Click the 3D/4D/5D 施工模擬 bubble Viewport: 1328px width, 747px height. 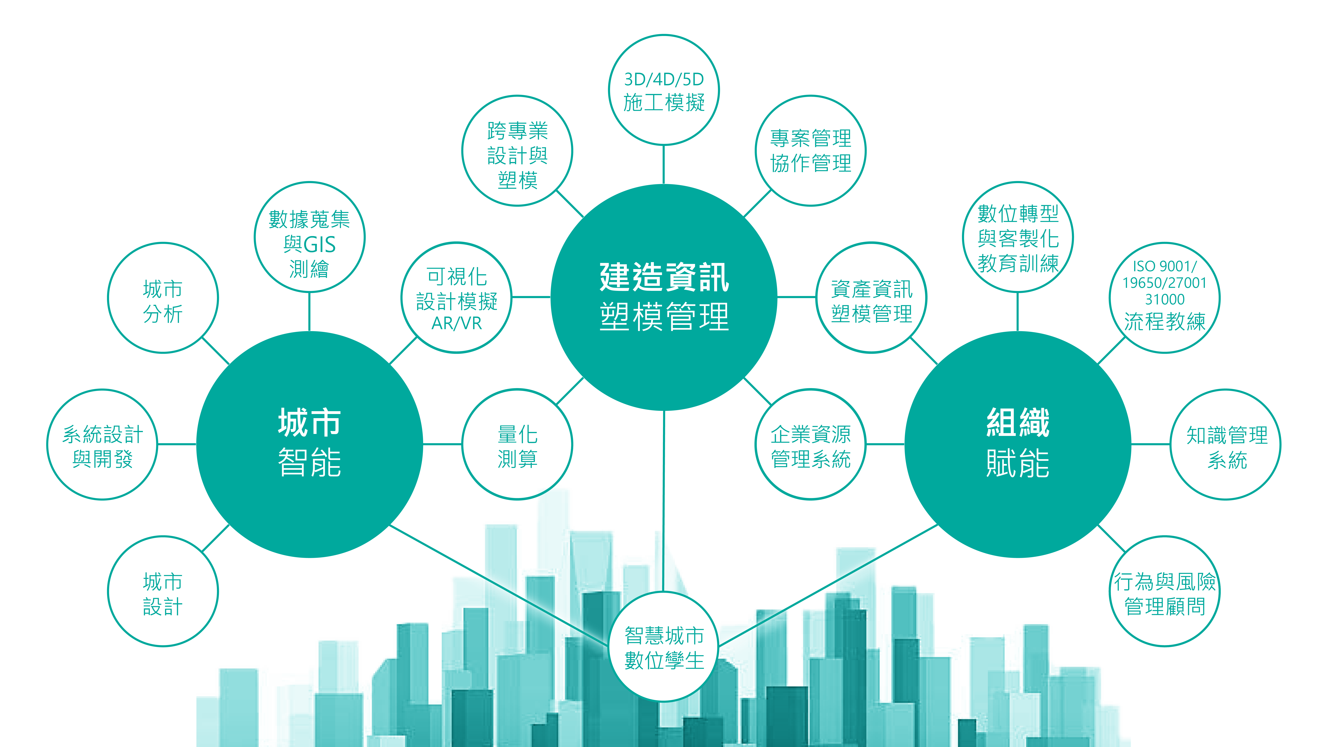point(664,90)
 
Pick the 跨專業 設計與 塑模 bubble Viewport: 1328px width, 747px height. point(517,151)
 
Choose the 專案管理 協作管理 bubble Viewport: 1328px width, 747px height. point(810,151)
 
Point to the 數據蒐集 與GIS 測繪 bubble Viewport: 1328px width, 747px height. point(309,237)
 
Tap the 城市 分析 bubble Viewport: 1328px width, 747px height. point(163,298)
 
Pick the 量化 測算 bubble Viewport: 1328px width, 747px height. point(517,444)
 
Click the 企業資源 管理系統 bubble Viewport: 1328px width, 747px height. point(810,444)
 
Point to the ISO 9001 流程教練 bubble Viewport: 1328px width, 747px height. point(1165,298)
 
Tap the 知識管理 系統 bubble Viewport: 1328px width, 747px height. point(1226,444)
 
